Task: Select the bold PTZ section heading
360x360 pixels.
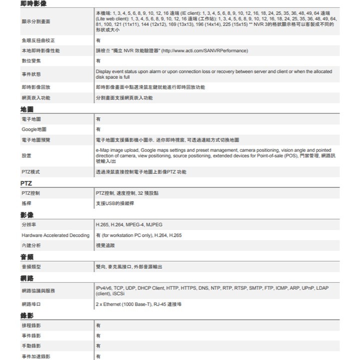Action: pos(26,183)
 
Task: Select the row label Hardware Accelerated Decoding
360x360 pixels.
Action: pos(55,235)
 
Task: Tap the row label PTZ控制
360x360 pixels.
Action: pos(31,193)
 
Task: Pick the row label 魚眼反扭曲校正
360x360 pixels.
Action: pos(38,40)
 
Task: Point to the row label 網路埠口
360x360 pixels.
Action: pos(31,304)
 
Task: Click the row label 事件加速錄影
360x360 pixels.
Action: pos(35,357)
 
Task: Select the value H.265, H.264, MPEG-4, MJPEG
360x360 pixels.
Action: pos(129,225)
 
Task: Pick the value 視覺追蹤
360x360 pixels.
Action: pos(104,246)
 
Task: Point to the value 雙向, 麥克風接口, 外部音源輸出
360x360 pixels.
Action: pos(129,267)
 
